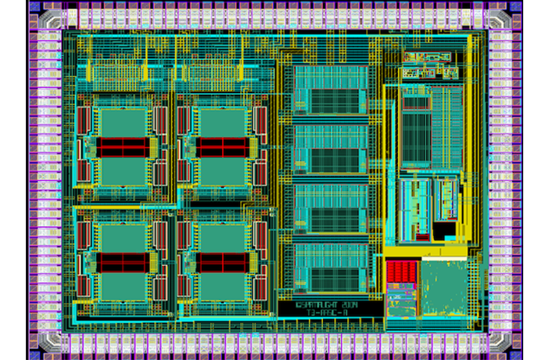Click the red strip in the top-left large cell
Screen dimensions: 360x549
coord(122,146)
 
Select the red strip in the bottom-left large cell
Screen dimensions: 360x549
coord(122,261)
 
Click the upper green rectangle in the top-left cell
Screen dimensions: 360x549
coord(122,122)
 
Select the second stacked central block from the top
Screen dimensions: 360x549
coord(330,149)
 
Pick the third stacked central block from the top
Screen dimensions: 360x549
coord(330,207)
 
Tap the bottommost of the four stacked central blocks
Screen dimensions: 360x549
coord(330,267)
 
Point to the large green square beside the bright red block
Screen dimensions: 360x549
coord(444,286)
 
